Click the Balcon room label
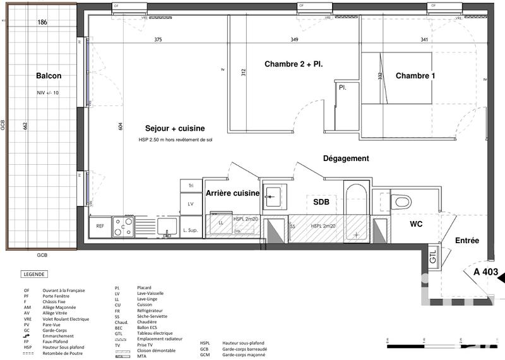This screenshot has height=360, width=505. point(49,76)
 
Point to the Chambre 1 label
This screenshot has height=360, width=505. point(415,76)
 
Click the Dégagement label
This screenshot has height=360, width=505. point(346,159)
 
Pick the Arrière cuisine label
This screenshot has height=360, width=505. point(233,193)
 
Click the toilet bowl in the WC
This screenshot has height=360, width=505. point(401,202)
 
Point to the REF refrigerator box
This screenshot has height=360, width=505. point(100,226)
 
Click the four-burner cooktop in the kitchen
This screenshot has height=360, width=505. point(123,226)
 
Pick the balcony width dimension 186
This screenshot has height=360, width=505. point(42,23)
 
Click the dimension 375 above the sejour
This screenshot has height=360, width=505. point(158,40)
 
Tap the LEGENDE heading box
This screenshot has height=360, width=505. point(33,275)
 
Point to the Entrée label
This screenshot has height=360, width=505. point(467,241)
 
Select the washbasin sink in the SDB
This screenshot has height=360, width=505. point(274,196)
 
